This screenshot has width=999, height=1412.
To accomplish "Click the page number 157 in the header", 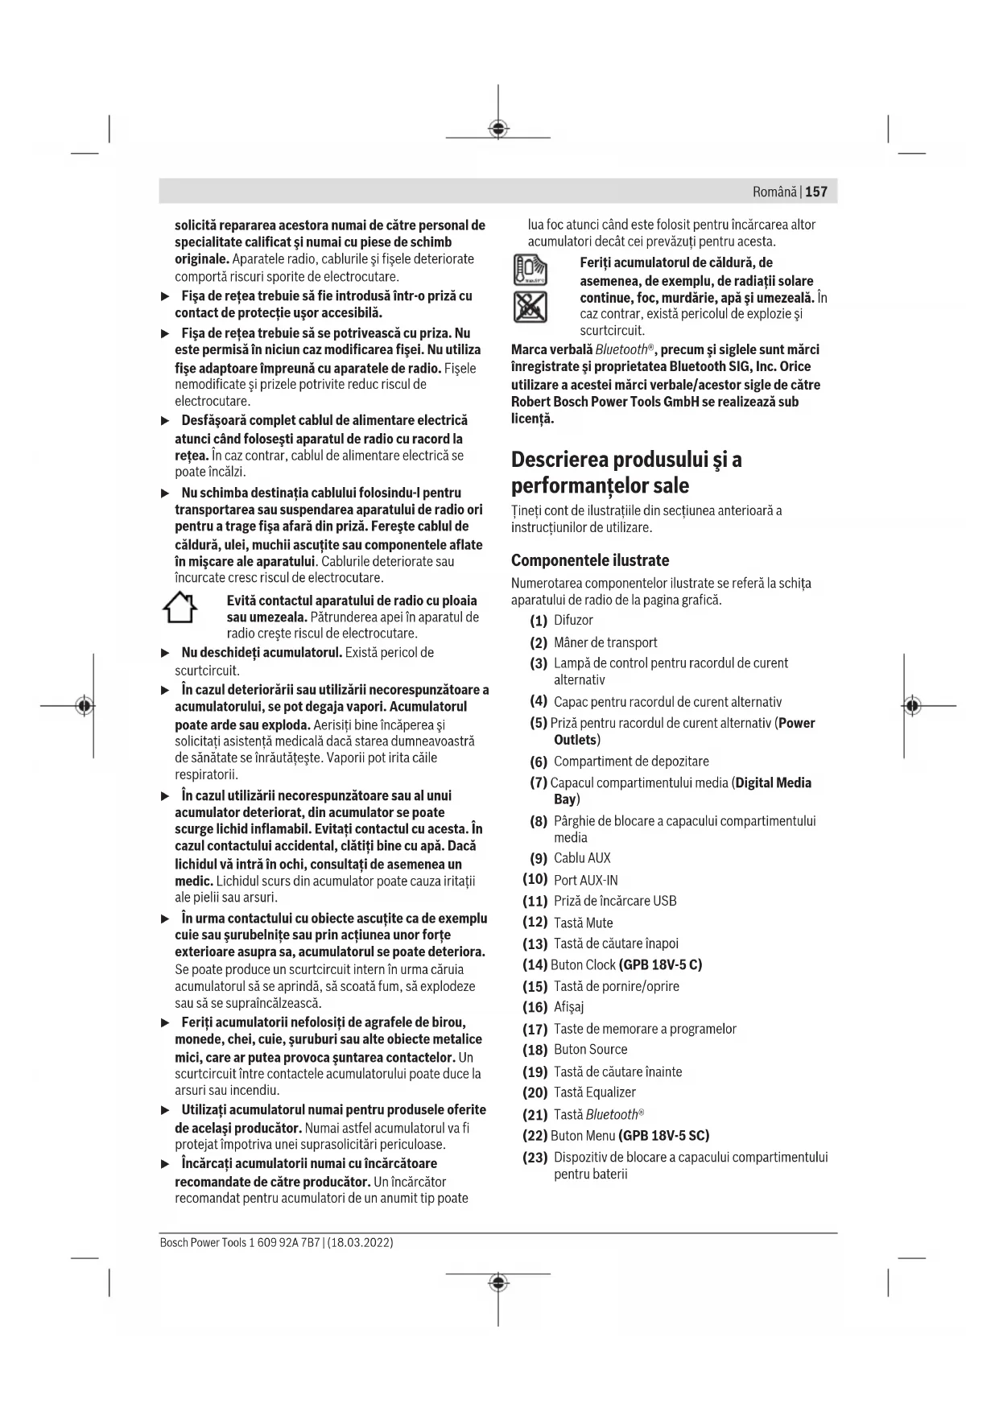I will (815, 192).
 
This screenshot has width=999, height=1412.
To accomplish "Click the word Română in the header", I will (774, 192).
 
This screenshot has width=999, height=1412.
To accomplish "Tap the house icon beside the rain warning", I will (180, 608).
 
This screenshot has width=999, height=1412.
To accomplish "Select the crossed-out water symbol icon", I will (530, 307).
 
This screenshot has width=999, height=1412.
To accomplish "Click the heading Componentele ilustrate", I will (590, 560).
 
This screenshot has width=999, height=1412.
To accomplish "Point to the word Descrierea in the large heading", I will (559, 460).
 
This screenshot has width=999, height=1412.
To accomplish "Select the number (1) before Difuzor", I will (539, 621).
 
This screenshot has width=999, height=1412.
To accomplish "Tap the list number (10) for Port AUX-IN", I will (535, 879).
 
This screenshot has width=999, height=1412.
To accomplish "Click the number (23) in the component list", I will (535, 1157).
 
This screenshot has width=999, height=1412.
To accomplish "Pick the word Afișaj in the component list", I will (569, 1007).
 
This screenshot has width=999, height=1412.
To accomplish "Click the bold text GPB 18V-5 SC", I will (663, 1136).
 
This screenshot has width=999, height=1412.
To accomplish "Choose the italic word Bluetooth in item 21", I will (612, 1115).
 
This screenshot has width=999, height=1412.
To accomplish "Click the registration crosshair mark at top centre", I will (498, 128).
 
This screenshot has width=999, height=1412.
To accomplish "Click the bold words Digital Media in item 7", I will (774, 782).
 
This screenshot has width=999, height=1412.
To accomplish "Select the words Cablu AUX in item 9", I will (582, 858).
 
